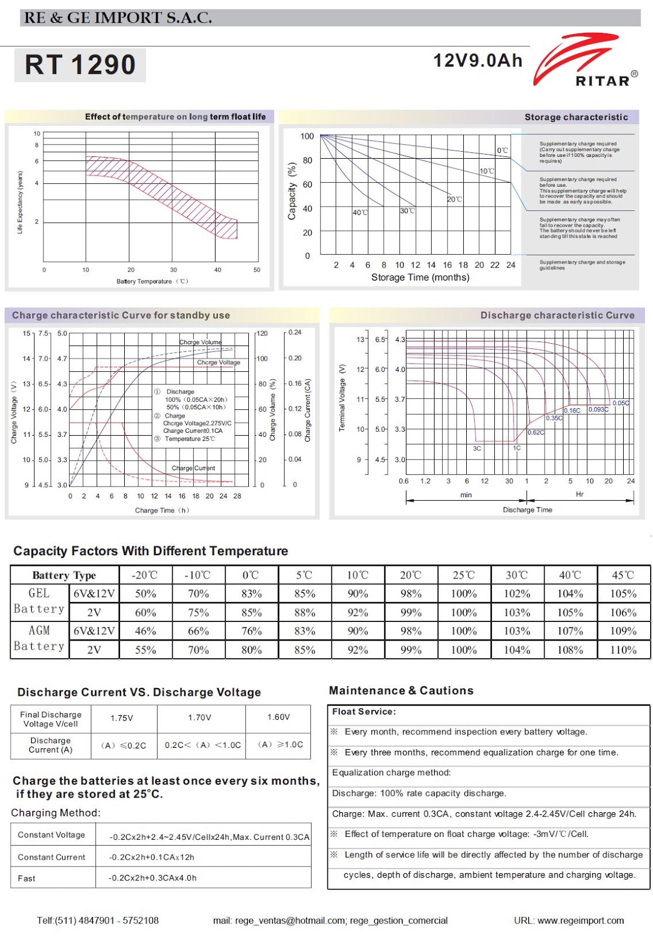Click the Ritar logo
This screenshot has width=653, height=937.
point(586,61)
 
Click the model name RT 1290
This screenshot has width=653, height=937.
point(80,64)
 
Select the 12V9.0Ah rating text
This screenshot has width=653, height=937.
point(477,60)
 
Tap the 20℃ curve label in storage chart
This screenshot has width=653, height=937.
point(454,199)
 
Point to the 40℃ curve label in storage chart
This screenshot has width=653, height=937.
point(360,212)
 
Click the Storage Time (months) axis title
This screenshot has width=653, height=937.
point(420,278)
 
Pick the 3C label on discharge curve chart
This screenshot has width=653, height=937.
point(477,449)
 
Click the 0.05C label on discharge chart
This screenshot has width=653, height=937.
point(621,403)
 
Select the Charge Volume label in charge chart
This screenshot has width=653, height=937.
point(200,342)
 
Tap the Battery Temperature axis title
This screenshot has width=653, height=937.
point(152,282)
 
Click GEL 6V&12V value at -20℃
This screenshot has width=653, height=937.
point(145,594)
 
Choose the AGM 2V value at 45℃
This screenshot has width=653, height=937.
point(623,650)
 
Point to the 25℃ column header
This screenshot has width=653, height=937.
point(464,575)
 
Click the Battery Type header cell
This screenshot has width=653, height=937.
point(64,575)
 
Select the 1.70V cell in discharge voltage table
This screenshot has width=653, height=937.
point(200,717)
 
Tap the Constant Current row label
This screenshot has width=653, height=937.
point(52,857)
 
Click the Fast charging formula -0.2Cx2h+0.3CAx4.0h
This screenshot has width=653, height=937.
point(152,878)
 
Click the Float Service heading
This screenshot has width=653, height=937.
point(364,712)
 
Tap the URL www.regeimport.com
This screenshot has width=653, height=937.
point(569,921)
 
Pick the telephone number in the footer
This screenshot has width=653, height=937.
point(98,921)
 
